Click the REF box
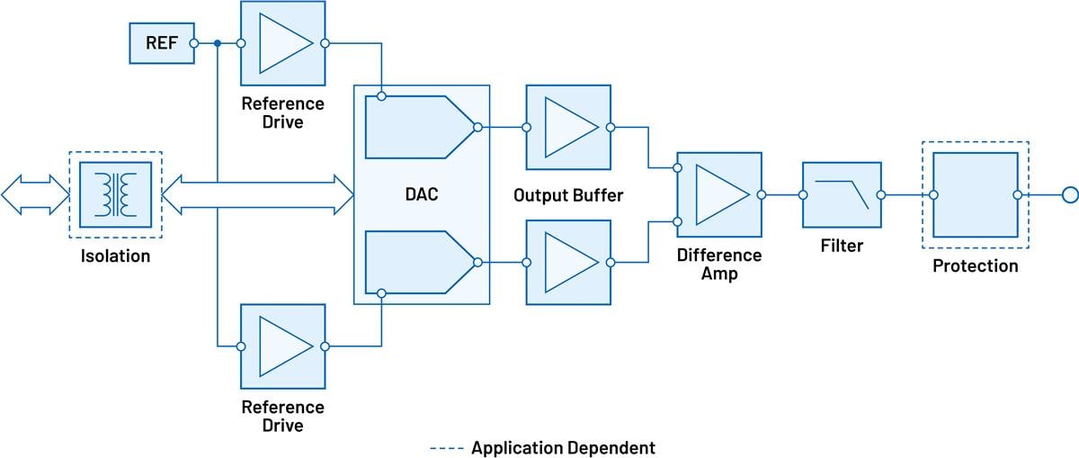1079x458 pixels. point(162,43)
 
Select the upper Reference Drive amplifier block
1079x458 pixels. point(282,43)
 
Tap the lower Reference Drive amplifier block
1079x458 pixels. point(282,346)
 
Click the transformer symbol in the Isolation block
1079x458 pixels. point(115,194)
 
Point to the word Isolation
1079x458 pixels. point(115,256)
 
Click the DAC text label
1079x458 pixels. point(421,194)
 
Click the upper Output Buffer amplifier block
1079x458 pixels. point(568,127)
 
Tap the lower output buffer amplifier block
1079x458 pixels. point(568,262)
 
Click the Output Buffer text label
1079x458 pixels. point(568,194)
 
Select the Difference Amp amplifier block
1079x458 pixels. point(718,194)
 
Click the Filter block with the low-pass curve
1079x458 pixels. point(842,194)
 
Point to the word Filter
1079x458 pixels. point(842,245)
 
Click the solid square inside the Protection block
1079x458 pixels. point(976,194)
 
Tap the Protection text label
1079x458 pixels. point(976,265)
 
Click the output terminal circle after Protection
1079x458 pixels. point(1069,194)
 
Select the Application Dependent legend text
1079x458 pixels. point(563,447)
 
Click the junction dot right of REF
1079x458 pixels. point(218,43)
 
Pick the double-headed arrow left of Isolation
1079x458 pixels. point(34,194)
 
